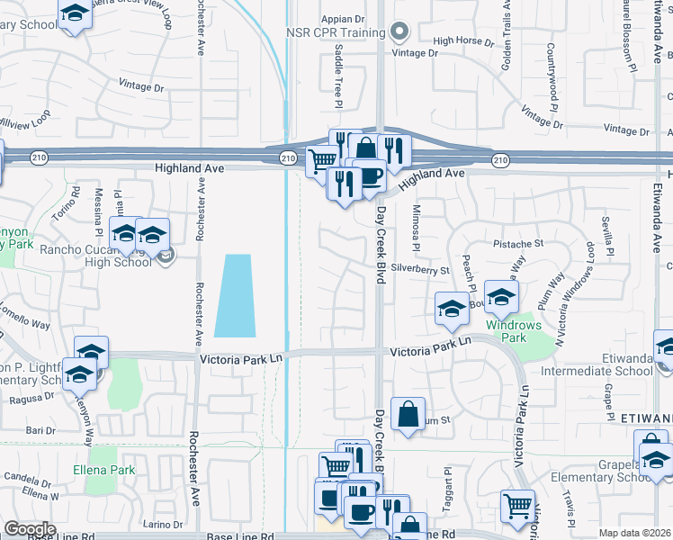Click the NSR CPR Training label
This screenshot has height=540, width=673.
pyautogui.click(x=336, y=32)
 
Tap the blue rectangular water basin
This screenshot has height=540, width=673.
pyautogui.click(x=234, y=294)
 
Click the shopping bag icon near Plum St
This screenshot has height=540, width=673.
pyautogui.click(x=408, y=415)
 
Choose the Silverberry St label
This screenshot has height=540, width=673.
pyautogui.click(x=420, y=269)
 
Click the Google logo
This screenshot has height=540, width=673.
pyautogui.click(x=30, y=529)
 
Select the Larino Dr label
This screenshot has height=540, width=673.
pyautogui.click(x=162, y=524)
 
